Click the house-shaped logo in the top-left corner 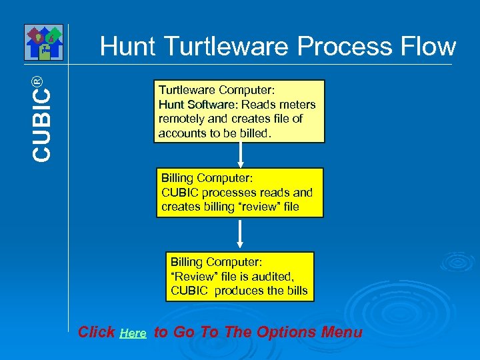click(43, 42)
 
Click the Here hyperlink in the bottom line click(133, 333)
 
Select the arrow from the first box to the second click(241, 155)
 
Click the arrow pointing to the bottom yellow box click(241, 235)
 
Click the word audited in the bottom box click(273, 276)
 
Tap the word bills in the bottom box click(295, 290)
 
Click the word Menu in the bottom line click(341, 332)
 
